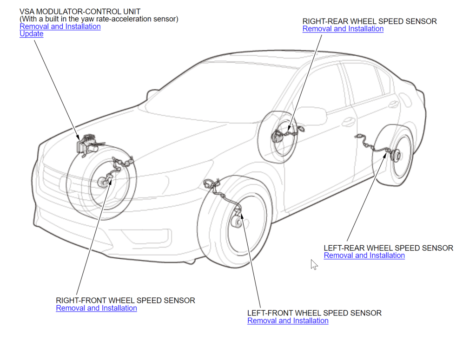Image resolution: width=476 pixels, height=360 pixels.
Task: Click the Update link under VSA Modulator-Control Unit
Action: (x=31, y=34)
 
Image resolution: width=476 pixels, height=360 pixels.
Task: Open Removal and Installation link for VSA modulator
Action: (x=60, y=26)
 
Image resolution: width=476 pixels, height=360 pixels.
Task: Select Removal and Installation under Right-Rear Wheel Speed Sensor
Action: (x=343, y=29)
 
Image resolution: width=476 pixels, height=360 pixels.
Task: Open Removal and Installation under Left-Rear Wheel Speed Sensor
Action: (x=364, y=255)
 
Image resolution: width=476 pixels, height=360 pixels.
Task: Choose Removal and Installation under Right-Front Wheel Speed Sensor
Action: (x=96, y=308)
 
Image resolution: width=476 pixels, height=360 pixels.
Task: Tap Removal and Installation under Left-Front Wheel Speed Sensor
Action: (x=288, y=321)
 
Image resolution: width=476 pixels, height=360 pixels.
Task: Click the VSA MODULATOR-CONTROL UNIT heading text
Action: (x=80, y=12)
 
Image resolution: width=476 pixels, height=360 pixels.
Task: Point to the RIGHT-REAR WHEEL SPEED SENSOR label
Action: (x=370, y=21)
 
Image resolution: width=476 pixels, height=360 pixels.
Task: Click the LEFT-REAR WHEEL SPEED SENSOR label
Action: (x=388, y=248)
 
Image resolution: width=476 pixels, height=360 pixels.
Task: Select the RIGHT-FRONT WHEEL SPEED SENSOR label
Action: (x=126, y=301)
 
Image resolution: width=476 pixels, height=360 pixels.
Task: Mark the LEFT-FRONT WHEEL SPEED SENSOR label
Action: (x=314, y=313)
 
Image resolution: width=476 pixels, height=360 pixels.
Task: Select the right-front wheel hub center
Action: (x=101, y=183)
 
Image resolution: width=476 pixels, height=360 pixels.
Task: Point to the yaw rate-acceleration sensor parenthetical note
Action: (x=99, y=19)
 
